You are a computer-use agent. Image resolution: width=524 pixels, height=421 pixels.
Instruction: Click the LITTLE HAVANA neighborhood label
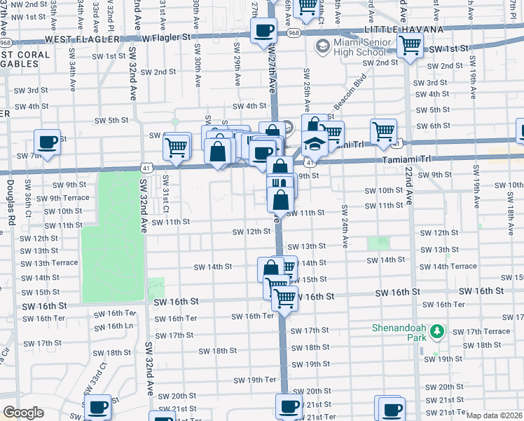(x=406, y=30)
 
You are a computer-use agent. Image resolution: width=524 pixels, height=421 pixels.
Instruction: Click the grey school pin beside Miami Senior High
(x=322, y=48)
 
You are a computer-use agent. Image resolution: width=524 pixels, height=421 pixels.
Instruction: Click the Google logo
(x=23, y=413)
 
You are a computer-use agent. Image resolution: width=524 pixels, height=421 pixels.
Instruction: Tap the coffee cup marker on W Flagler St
(x=263, y=31)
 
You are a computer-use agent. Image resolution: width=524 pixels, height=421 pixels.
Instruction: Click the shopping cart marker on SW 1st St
(x=410, y=46)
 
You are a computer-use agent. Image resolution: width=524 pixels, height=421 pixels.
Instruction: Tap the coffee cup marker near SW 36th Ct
(x=48, y=142)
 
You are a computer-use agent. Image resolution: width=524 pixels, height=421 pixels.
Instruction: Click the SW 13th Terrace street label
(x=49, y=263)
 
